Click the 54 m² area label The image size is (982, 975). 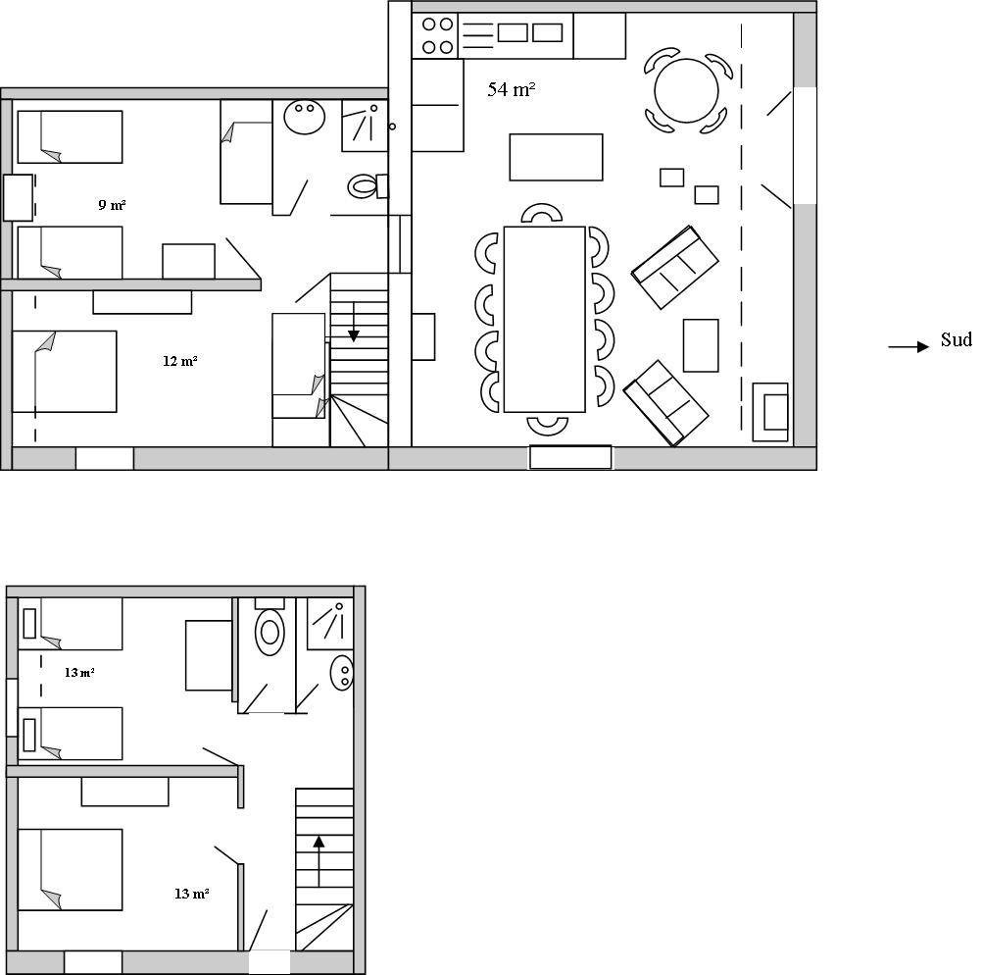coord(511,89)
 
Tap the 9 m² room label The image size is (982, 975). coord(112,204)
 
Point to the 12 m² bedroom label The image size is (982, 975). coord(180,361)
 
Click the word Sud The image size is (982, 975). coord(956,339)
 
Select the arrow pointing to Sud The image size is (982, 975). coord(908,346)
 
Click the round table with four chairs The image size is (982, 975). coord(687,90)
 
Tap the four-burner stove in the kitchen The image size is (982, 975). coord(436,35)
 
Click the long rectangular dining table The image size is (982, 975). coord(545,319)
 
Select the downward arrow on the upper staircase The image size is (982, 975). coord(353,322)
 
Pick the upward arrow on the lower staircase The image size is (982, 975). coord(319,861)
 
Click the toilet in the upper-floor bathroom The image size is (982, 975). coord(367,186)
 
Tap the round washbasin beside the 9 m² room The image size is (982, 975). coord(305,117)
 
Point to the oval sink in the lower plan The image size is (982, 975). coord(342,673)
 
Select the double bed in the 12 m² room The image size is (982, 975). coord(65,371)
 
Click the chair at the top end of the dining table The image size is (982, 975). coord(542,213)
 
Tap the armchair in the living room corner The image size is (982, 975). coord(770,412)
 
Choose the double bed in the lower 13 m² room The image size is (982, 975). coord(71,870)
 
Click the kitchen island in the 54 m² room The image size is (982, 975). coord(556,157)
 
